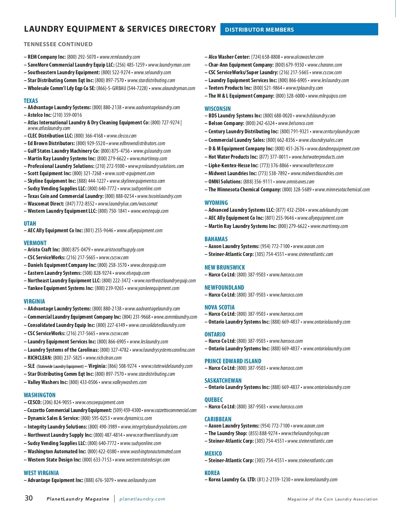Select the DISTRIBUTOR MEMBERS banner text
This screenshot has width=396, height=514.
coord(259,30)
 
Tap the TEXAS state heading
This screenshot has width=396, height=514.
coord(31,101)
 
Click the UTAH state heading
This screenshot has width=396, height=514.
coord(30,223)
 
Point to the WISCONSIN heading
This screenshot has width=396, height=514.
coord(217,109)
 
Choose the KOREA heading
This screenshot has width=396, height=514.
coord(212,473)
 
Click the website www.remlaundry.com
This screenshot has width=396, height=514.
coord(119,57)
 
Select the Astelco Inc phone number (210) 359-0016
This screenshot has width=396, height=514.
coord(67,115)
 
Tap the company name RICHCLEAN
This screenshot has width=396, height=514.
coord(40,358)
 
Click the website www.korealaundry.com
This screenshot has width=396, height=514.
coord(315,479)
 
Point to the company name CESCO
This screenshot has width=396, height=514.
coord(34,402)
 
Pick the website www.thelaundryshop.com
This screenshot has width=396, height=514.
coord(305,433)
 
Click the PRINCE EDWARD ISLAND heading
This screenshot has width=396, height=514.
coord(233,361)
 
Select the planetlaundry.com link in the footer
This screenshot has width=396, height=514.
coord(142,499)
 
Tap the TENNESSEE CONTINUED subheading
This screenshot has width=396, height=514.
coord(58,44)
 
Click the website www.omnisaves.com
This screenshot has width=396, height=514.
coord(295,181)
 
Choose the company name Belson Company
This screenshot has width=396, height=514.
coord(226,123)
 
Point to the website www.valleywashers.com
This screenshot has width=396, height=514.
coord(124,382)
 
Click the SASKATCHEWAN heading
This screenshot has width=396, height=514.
coord(223,380)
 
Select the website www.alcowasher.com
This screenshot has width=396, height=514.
coord(303,57)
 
